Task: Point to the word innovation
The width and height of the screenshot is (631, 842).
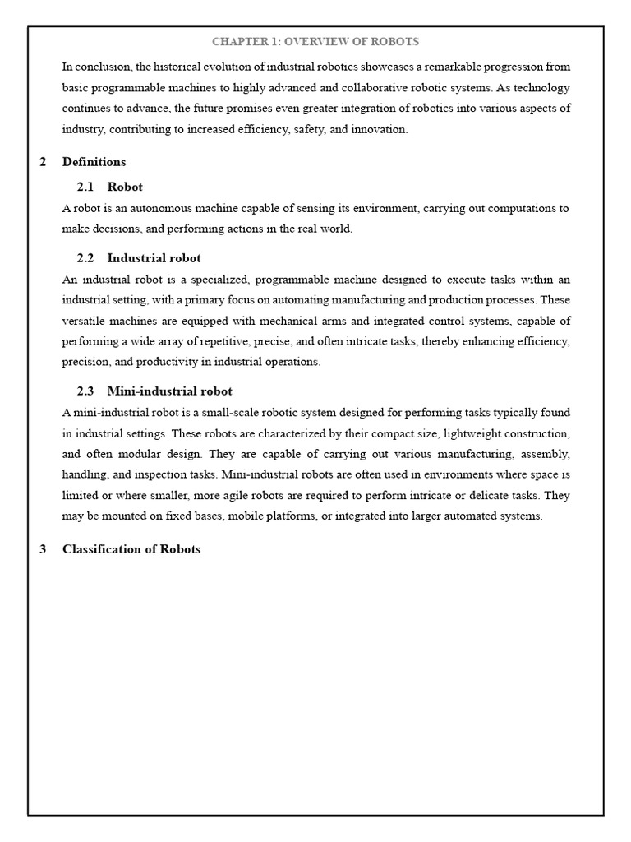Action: coord(380,129)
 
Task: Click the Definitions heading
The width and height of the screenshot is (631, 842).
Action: coord(94,162)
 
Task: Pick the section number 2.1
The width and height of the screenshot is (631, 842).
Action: coord(86,187)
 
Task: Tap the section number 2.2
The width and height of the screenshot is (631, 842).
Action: coord(86,258)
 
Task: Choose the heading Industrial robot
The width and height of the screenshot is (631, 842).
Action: coord(154,258)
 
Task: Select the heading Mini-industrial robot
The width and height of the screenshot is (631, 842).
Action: coord(169,391)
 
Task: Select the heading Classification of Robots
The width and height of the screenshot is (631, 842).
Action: coord(131,549)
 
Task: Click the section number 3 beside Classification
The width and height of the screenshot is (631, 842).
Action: coord(43,549)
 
